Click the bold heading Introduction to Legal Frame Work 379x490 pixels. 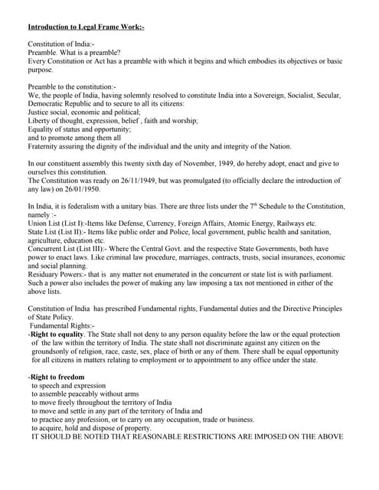(x=85, y=28)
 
